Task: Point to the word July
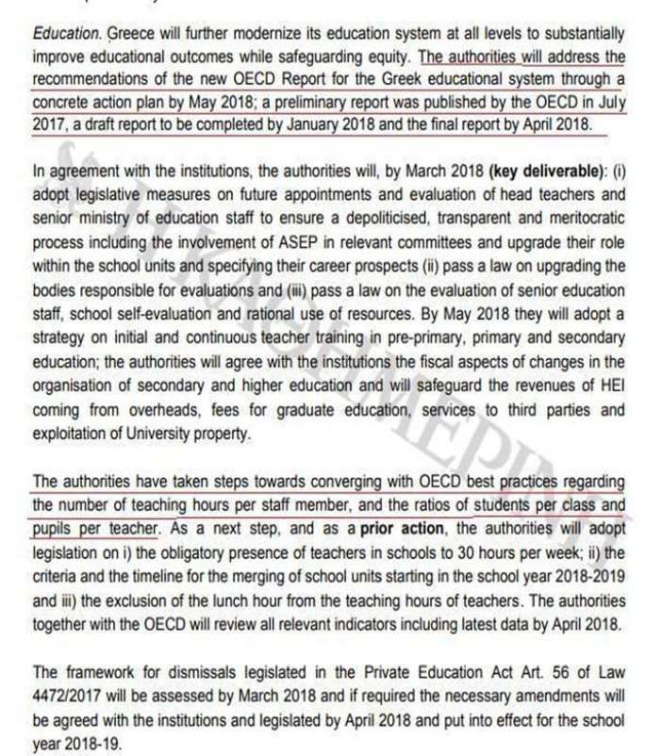608,101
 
